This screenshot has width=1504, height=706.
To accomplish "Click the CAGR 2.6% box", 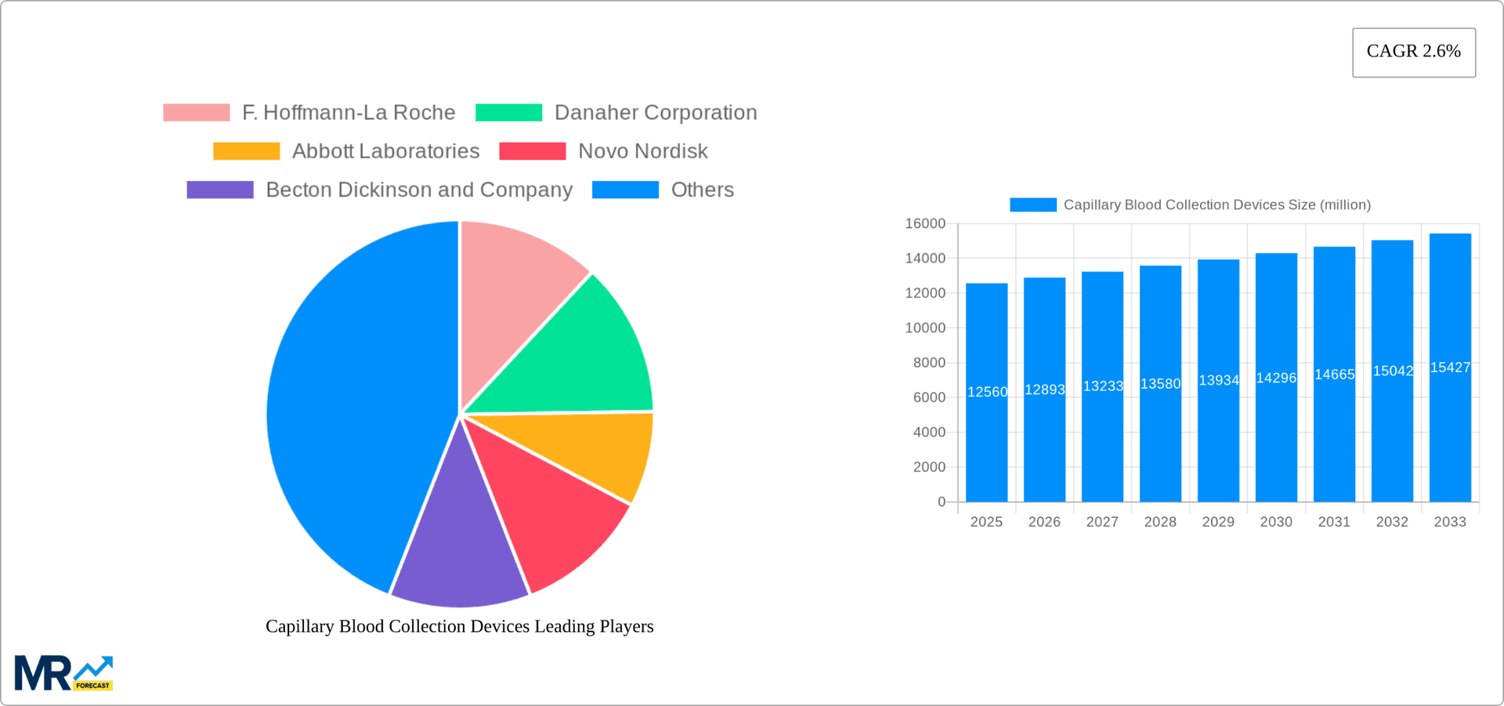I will pyautogui.click(x=1413, y=52).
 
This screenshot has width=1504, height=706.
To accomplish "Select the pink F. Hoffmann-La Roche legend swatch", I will pyautogui.click(x=196, y=113).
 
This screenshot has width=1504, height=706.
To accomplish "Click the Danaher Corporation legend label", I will pyautogui.click(x=655, y=113).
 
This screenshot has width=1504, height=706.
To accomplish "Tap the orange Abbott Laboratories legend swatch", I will pyautogui.click(x=246, y=151).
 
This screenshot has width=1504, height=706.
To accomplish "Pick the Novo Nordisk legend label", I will pyautogui.click(x=642, y=151).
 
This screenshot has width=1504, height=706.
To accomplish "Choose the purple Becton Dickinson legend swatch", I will pyautogui.click(x=219, y=190).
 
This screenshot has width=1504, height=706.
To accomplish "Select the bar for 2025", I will pyautogui.click(x=986, y=439).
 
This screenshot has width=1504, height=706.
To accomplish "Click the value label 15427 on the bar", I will pyautogui.click(x=1450, y=367).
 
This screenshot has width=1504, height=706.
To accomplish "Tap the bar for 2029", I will pyautogui.click(x=1218, y=439).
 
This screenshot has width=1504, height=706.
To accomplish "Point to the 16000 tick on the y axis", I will pyautogui.click(x=925, y=224).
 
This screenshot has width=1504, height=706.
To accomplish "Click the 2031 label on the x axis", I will pyautogui.click(x=1334, y=522).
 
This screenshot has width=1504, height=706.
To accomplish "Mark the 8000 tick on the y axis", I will pyautogui.click(x=929, y=363).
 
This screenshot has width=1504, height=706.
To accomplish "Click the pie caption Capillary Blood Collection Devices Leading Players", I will pyautogui.click(x=459, y=626).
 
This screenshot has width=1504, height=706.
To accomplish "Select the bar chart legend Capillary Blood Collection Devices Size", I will pyautogui.click(x=1216, y=205).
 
